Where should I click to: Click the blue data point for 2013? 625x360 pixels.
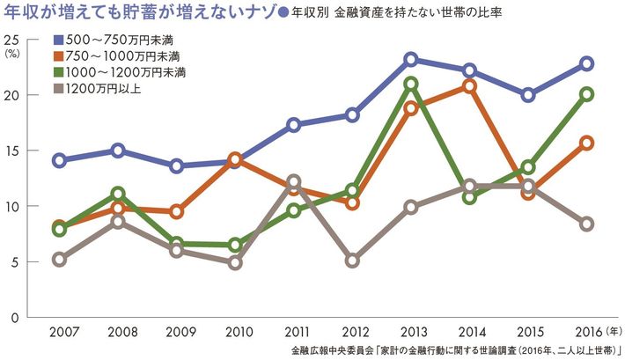(x=411, y=60)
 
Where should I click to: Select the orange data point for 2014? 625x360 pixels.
(x=469, y=86)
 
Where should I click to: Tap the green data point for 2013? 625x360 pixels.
(x=411, y=84)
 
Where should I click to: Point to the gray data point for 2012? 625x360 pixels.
(x=352, y=261)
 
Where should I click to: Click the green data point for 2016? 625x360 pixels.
(x=586, y=94)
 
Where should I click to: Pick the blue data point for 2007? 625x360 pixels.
(x=59, y=160)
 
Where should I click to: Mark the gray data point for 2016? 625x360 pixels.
(x=586, y=224)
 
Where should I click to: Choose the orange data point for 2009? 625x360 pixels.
(x=176, y=212)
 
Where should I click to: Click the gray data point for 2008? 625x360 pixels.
(x=118, y=222)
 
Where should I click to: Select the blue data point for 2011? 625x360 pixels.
(x=294, y=125)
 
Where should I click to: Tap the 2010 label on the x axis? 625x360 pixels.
(x=235, y=332)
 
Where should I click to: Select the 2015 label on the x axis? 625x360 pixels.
(x=528, y=332)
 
